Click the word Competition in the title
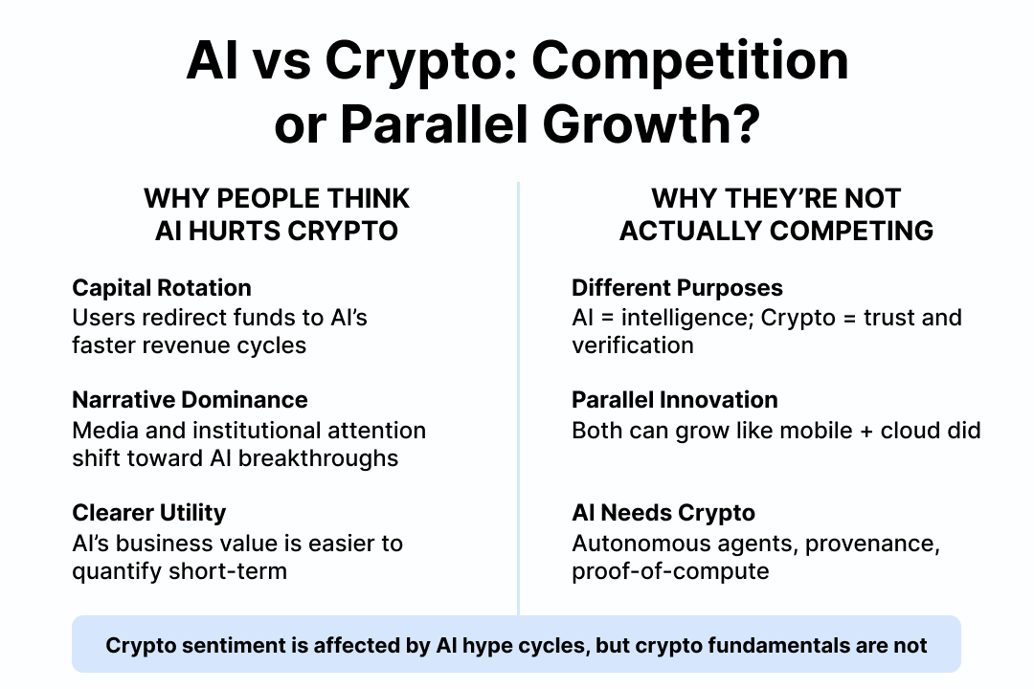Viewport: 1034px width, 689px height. tap(689, 60)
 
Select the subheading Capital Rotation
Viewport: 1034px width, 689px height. tap(162, 287)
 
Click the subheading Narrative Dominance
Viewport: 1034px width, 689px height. tap(190, 400)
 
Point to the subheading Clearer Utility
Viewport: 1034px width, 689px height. tap(149, 513)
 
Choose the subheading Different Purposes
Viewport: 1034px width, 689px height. tap(677, 287)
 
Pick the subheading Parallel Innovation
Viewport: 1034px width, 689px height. tap(675, 400)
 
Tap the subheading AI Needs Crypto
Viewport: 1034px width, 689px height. tap(663, 513)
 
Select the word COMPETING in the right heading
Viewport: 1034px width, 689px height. tap(851, 231)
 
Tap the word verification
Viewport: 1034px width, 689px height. tap(633, 344)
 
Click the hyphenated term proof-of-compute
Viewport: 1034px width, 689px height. tap(670, 571)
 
